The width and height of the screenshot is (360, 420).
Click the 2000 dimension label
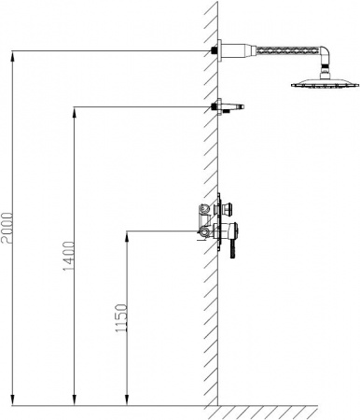coord(7,229)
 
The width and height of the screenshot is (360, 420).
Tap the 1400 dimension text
coord(69,256)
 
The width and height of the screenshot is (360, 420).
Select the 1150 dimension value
coord(121,318)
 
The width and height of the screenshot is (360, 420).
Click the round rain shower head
coord(325,83)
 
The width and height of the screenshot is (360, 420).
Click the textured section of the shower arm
coord(287,50)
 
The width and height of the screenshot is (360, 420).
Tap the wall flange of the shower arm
coord(220,50)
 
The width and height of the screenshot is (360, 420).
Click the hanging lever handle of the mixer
coord(232,249)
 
